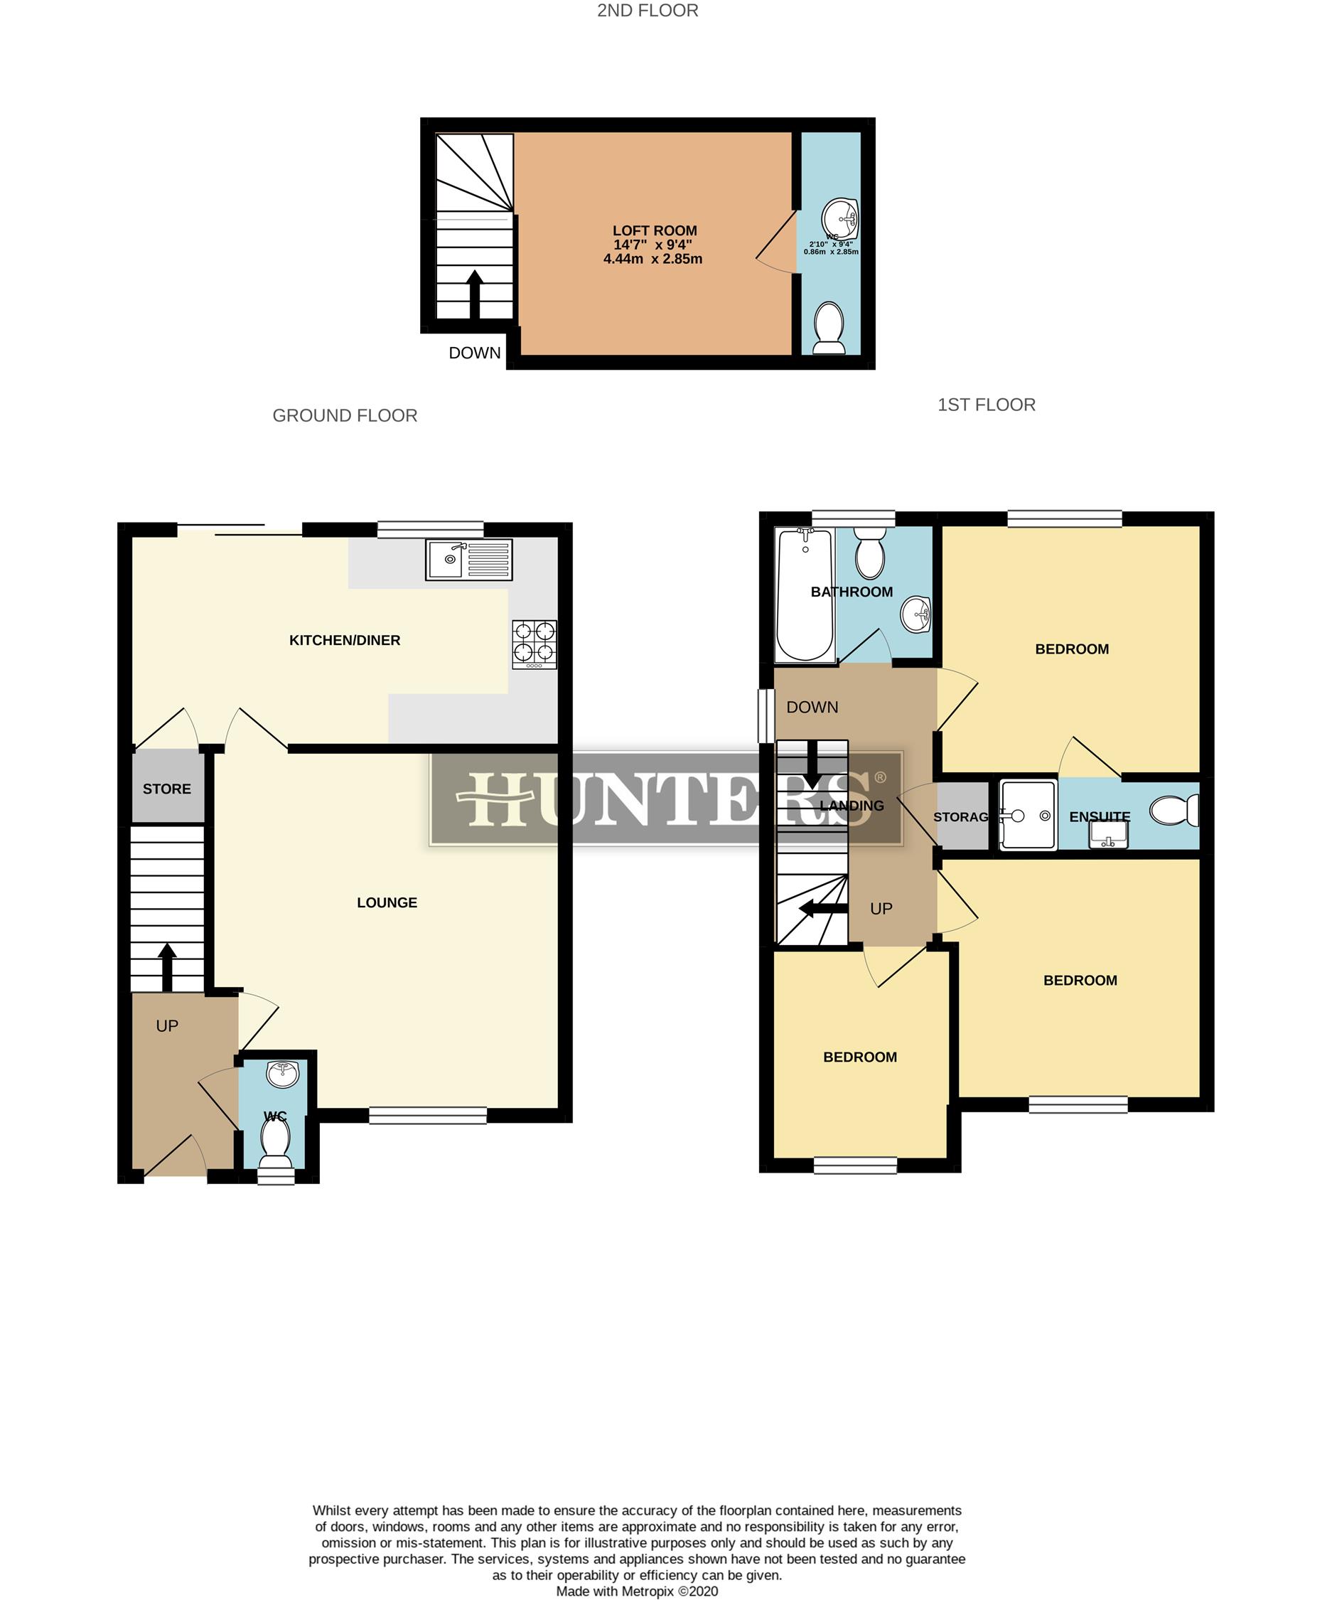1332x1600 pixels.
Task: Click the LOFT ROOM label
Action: (654, 230)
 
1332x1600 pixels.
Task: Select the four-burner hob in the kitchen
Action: (534, 644)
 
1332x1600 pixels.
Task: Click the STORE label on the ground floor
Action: (167, 789)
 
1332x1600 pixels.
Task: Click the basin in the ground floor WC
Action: (283, 1074)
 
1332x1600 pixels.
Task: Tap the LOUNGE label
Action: (387, 903)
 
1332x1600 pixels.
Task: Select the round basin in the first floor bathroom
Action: (916, 614)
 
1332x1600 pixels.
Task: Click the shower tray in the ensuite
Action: (1028, 814)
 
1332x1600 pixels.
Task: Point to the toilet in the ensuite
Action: (1174, 811)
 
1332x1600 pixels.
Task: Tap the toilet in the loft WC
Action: (829, 329)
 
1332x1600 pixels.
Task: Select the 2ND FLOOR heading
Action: (648, 11)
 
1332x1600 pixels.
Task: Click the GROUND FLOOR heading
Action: (345, 415)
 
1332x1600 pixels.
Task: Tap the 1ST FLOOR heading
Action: (987, 405)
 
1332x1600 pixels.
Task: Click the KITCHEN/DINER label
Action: (344, 640)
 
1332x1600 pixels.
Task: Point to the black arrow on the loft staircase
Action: (475, 292)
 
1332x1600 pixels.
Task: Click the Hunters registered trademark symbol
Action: (881, 777)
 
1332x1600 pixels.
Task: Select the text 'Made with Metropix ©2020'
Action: (637, 1591)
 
